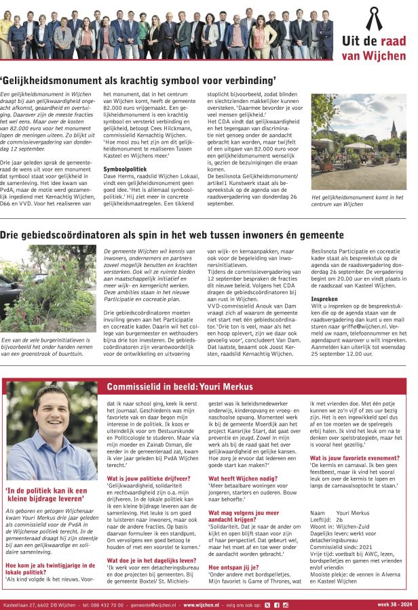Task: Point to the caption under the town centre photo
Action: point(356,200)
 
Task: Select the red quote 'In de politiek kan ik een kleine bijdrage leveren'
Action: point(47,495)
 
